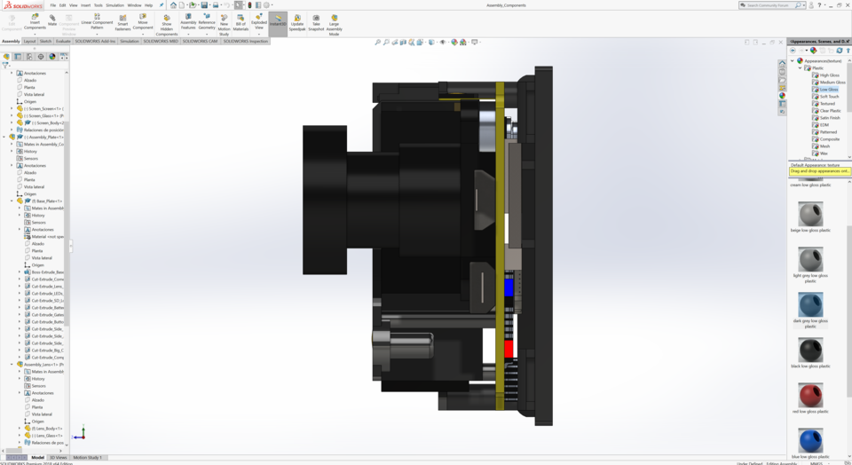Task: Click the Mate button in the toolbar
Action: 52,20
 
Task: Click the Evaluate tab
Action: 63,41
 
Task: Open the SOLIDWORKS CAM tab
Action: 200,41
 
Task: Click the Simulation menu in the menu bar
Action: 114,5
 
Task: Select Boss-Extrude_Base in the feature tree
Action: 46,272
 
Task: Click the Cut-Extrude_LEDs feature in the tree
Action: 47,293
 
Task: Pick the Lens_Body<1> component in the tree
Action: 47,428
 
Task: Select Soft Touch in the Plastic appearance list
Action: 829,97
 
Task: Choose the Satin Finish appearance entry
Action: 830,118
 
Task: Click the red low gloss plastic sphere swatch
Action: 810,394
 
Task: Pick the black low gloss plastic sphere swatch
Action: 810,349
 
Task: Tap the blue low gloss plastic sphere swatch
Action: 810,439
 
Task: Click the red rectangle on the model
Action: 509,349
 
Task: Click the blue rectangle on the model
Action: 509,287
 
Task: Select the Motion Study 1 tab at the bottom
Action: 87,457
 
